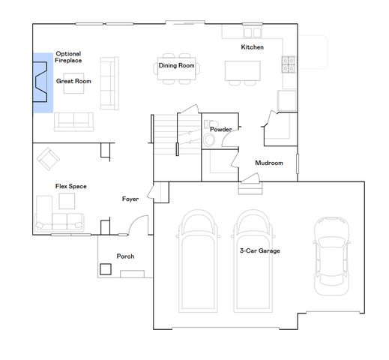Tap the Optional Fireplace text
click(68, 57)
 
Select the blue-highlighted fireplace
click(42, 82)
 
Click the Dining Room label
click(176, 66)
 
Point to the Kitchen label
click(252, 47)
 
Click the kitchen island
click(243, 70)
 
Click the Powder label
click(220, 130)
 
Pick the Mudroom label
click(268, 163)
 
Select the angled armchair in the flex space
click(49, 157)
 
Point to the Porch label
click(125, 256)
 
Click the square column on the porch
click(106, 268)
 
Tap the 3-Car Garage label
click(259, 250)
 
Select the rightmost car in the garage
click(331, 255)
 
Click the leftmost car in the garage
click(197, 259)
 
